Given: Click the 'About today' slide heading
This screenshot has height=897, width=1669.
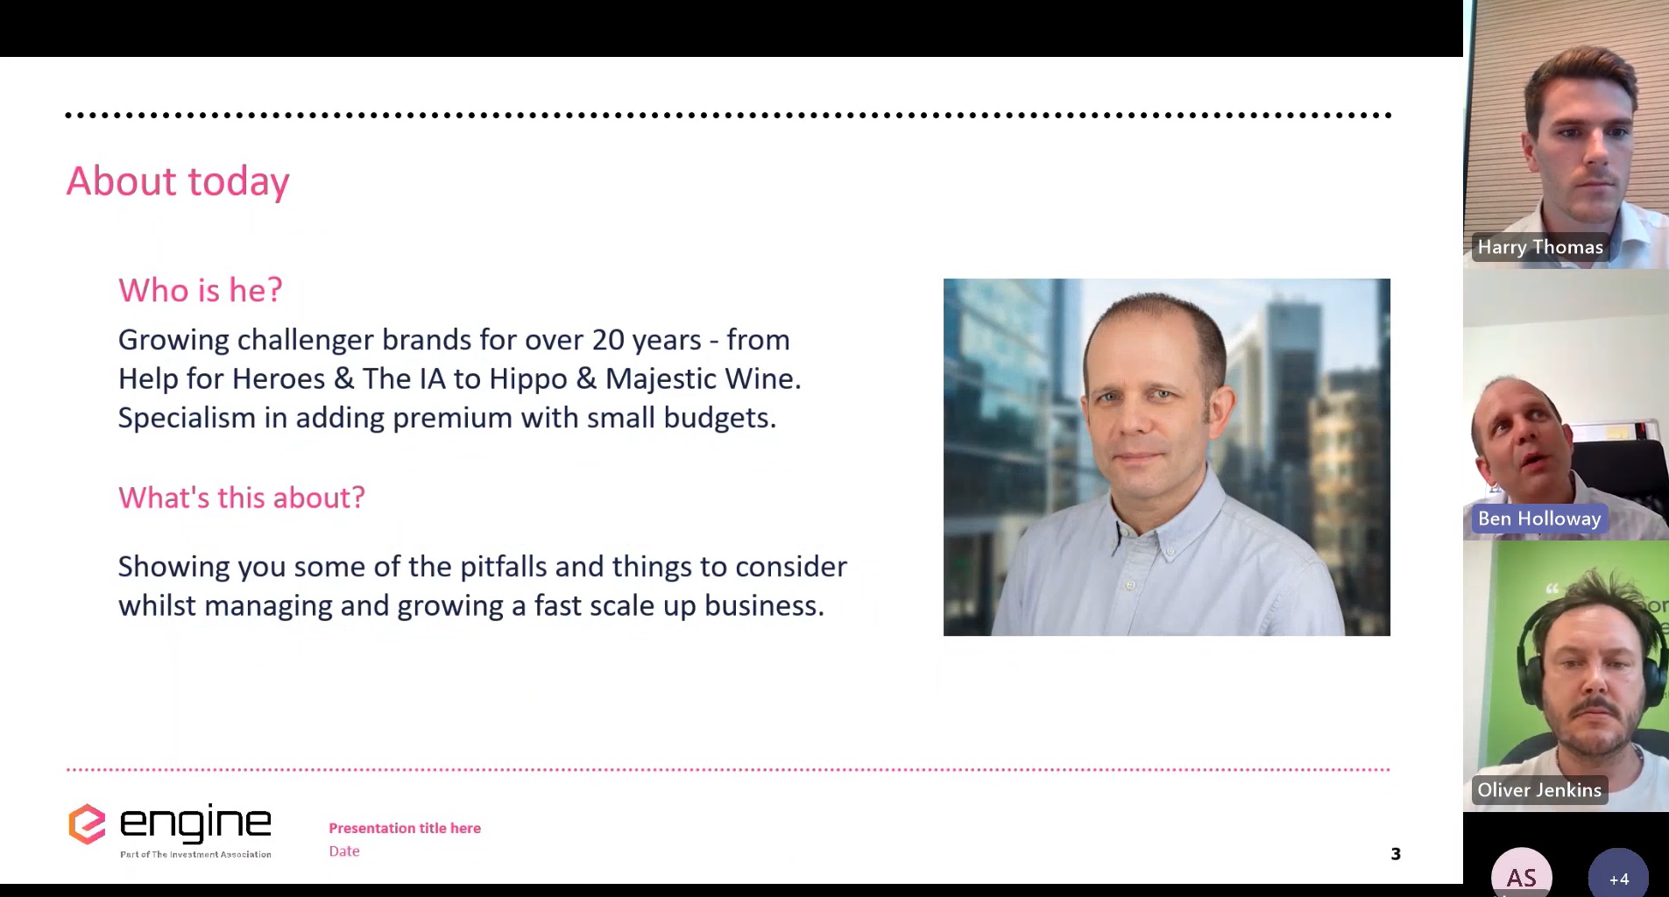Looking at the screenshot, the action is pyautogui.click(x=178, y=181).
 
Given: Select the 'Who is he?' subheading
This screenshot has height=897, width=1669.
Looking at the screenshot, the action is pyautogui.click(x=201, y=290).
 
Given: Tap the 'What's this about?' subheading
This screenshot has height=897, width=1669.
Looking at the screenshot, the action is pyautogui.click(x=242, y=498).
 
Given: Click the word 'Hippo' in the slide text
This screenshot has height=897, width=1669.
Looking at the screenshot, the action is pyautogui.click(x=528, y=379).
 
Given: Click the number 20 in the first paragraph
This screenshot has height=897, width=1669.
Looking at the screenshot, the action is pyautogui.click(x=608, y=340).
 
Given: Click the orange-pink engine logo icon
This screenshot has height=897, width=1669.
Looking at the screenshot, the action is pyautogui.click(x=87, y=824).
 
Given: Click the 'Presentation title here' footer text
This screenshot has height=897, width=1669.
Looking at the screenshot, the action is pyautogui.click(x=405, y=828).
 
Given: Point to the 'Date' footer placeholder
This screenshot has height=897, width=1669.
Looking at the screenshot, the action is pyautogui.click(x=344, y=851).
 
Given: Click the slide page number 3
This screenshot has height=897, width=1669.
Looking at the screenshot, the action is pyautogui.click(x=1396, y=854).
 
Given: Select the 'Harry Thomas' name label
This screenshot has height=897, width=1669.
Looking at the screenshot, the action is pyautogui.click(x=1540, y=247).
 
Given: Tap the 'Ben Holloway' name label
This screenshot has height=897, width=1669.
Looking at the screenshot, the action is pyautogui.click(x=1539, y=519).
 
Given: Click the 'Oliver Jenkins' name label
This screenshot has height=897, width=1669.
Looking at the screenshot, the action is pyautogui.click(x=1539, y=790).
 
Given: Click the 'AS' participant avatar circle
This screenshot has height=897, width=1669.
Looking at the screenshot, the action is pyautogui.click(x=1522, y=874).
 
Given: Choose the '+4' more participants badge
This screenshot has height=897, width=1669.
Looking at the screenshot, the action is pyautogui.click(x=1619, y=876).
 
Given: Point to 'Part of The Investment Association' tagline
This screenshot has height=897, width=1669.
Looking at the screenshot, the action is pyautogui.click(x=195, y=854).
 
